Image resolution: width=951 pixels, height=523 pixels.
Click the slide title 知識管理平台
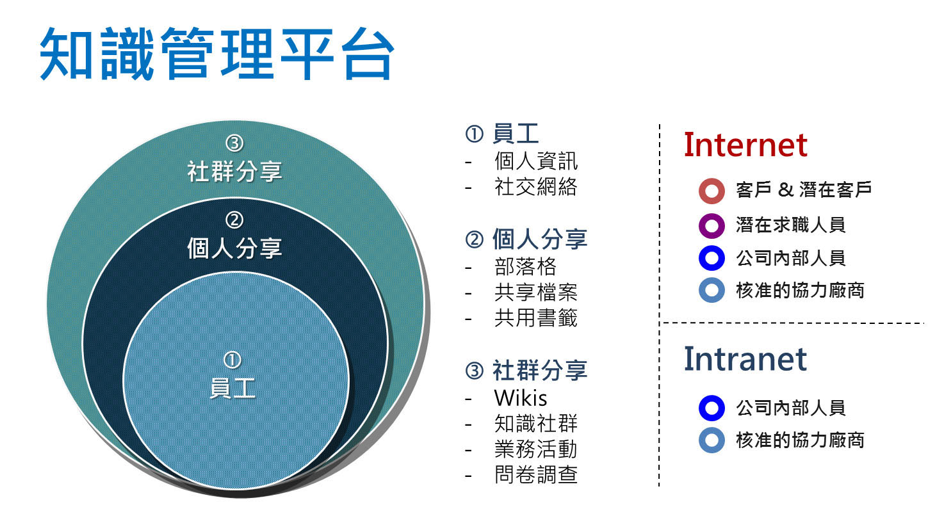pyautogui.click(x=217, y=54)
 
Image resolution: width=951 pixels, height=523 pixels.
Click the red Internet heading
pyautogui.click(x=745, y=145)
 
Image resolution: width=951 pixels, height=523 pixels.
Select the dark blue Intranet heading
pyautogui.click(x=745, y=359)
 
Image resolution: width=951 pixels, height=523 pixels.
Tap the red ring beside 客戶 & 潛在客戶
pyautogui.click(x=711, y=191)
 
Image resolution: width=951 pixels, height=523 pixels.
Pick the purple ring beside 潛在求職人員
pyautogui.click(x=711, y=225)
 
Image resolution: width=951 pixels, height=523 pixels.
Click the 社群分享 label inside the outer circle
pyautogui.click(x=235, y=172)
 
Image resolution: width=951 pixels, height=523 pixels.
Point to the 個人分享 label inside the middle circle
pyautogui.click(x=235, y=248)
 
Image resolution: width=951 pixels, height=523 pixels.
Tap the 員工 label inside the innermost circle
pyautogui.click(x=232, y=388)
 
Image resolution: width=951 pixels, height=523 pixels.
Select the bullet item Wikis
pyautogui.click(x=521, y=398)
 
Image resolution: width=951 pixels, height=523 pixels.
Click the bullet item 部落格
pyautogui.click(x=525, y=266)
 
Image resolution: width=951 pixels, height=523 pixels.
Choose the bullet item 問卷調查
pyautogui.click(x=536, y=474)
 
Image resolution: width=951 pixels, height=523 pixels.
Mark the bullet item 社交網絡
pyautogui.click(x=536, y=187)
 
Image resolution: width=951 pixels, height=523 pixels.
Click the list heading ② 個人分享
pyautogui.click(x=526, y=239)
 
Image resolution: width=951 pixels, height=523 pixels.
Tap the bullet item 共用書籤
pyautogui.click(x=536, y=318)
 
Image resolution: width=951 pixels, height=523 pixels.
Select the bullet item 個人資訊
pyautogui.click(x=536, y=161)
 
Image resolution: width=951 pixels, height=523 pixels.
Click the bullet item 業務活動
pyautogui.click(x=536, y=449)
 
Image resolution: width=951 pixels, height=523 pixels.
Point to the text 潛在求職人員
pyautogui.click(x=791, y=225)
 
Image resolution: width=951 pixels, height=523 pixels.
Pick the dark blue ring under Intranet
pyautogui.click(x=711, y=408)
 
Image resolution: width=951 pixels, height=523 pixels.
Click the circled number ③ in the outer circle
pyautogui.click(x=234, y=143)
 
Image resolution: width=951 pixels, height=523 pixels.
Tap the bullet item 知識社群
pyautogui.click(x=536, y=424)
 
